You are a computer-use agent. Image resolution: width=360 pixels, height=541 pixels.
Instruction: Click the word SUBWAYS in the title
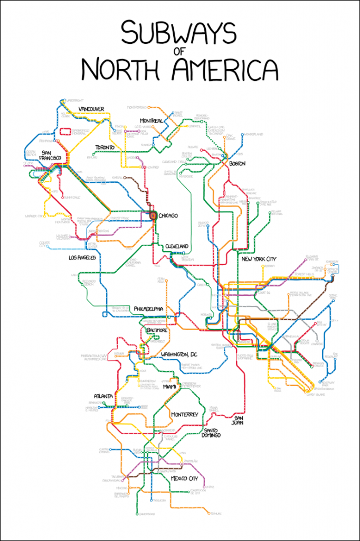[178, 34]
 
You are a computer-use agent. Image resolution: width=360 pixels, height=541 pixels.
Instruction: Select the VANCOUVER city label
[91, 109]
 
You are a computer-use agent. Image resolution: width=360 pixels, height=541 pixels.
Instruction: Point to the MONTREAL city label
[150, 120]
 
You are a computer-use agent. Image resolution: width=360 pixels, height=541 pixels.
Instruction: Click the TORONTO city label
[108, 147]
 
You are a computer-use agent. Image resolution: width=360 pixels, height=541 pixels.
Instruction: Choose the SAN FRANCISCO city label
[51, 155]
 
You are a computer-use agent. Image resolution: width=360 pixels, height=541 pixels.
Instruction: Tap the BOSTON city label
[238, 164]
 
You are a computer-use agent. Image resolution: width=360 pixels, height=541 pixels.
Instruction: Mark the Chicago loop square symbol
[153, 216]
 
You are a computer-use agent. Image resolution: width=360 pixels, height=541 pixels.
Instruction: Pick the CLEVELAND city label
[177, 247]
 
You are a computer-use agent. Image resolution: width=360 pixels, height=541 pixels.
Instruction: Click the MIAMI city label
[169, 387]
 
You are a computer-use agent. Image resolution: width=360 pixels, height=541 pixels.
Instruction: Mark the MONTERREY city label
[185, 415]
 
